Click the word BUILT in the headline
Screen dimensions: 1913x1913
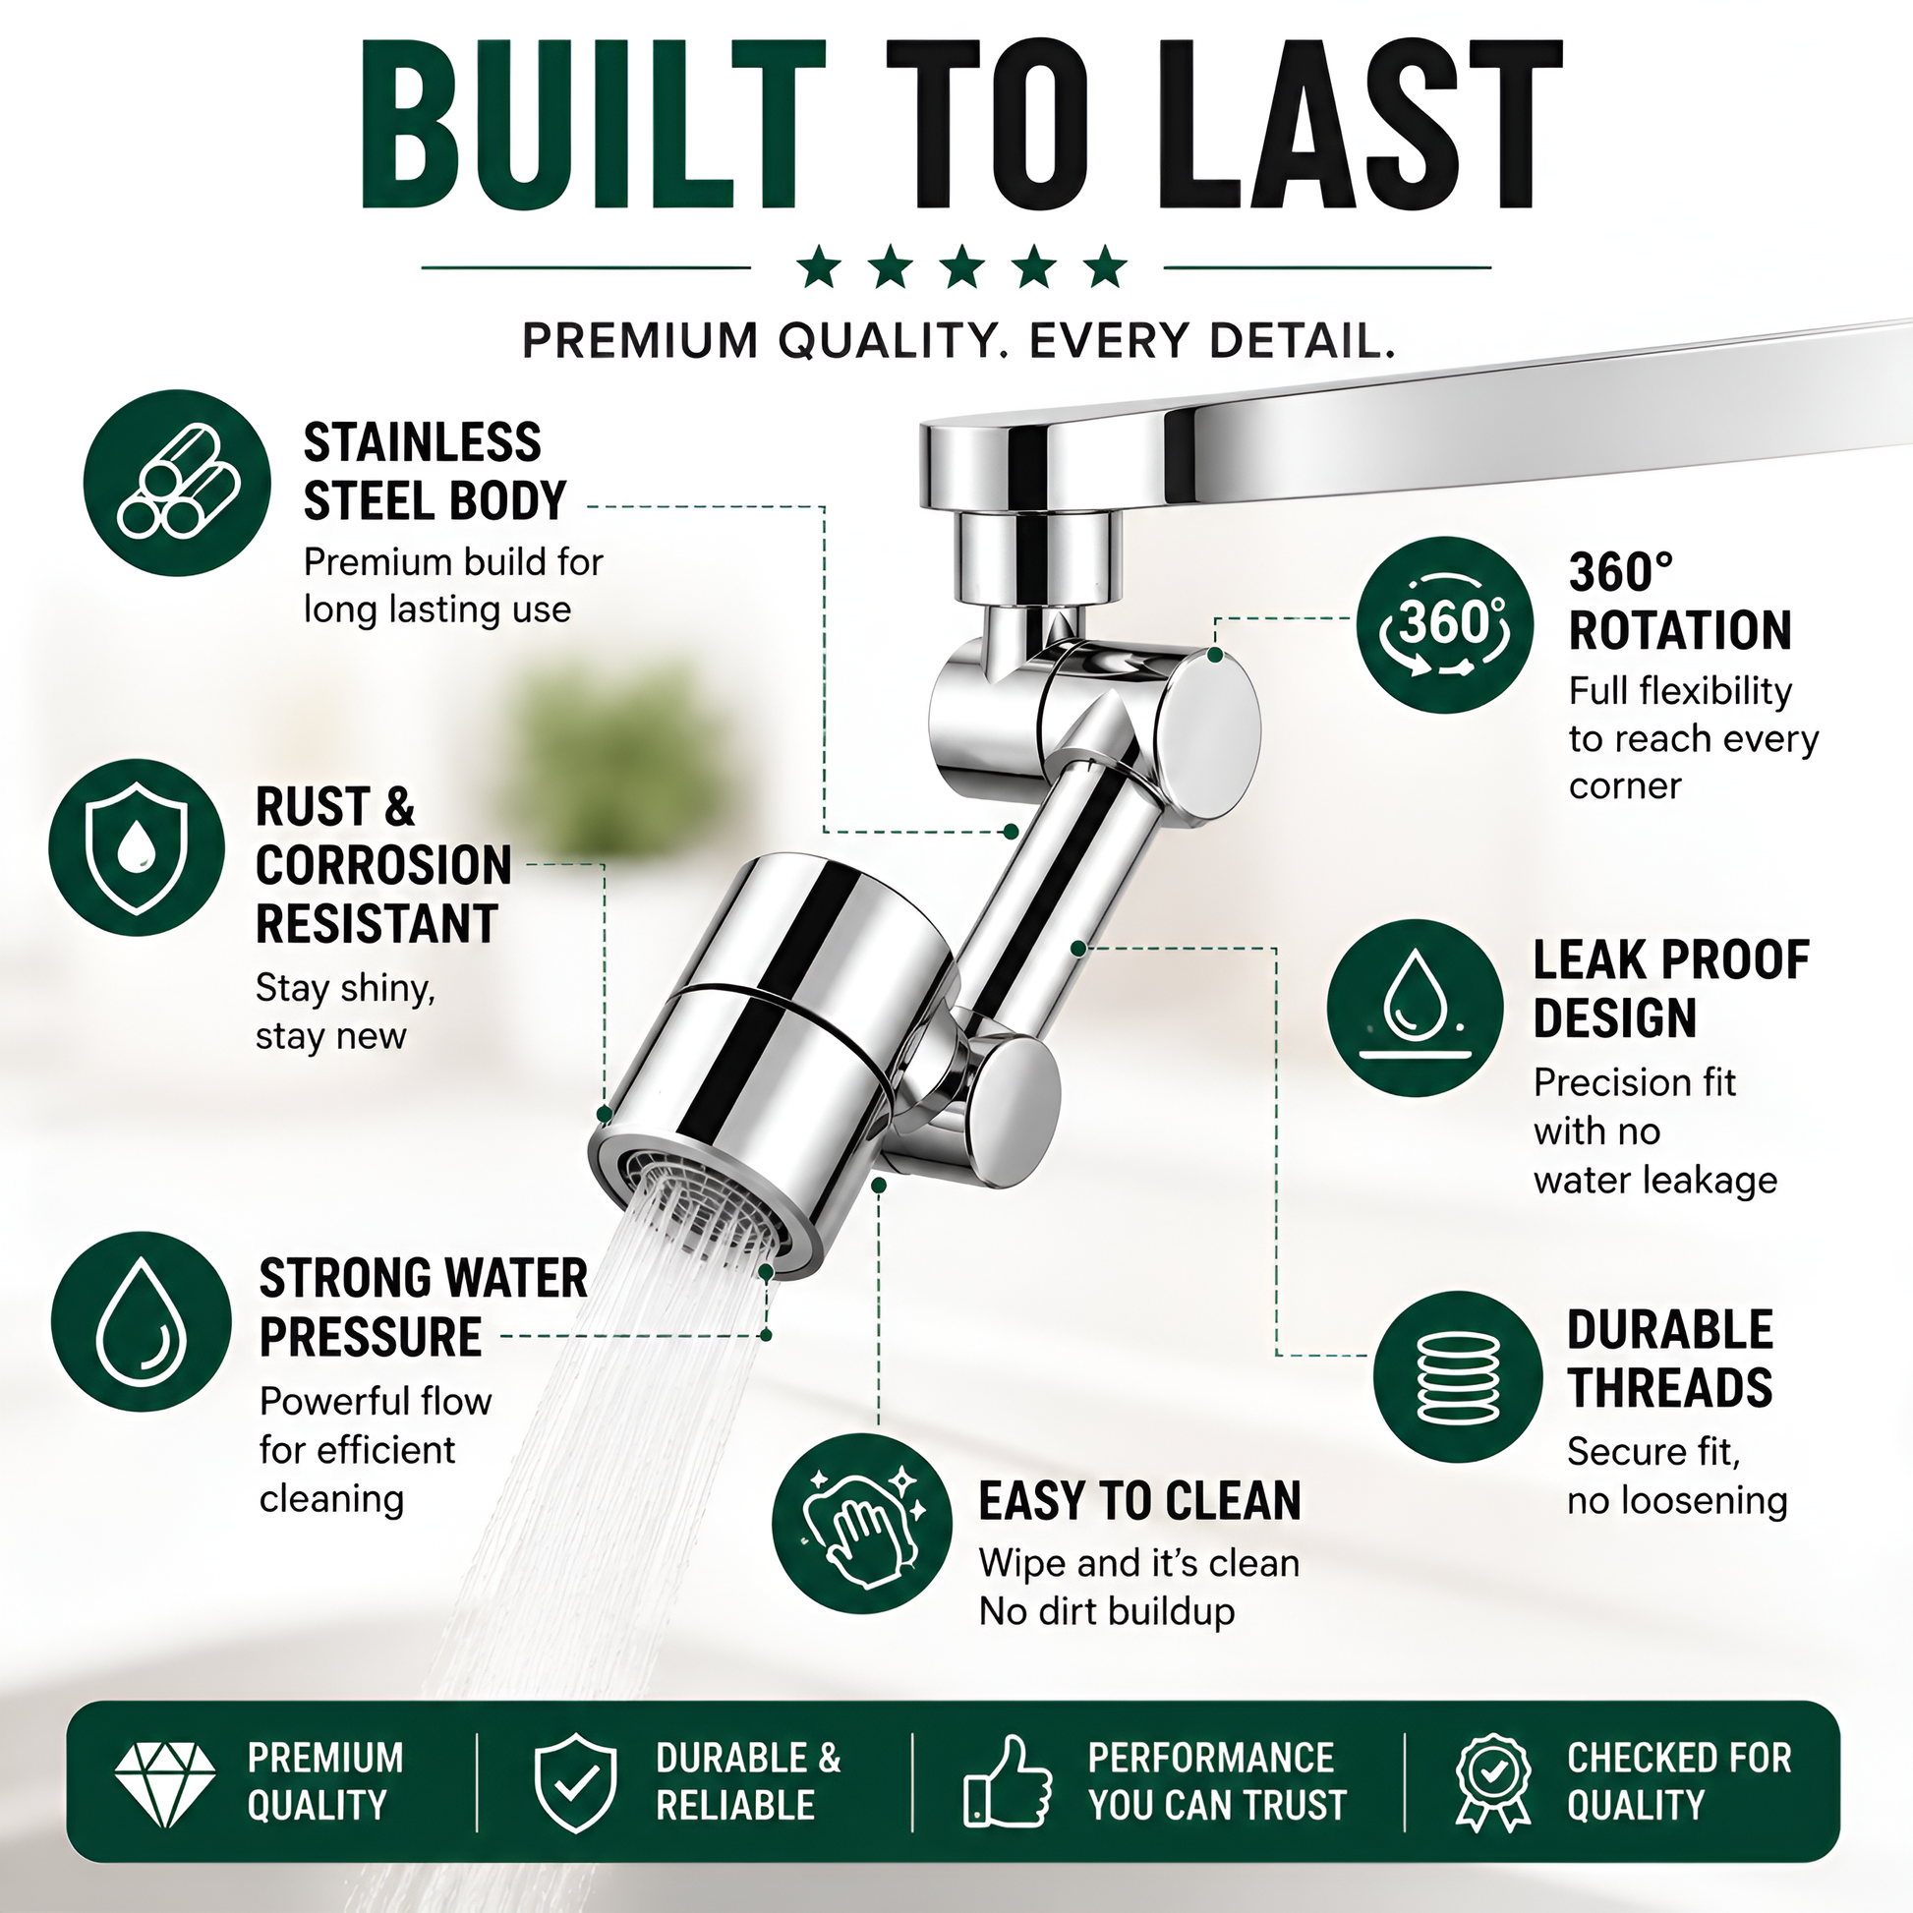point(592,125)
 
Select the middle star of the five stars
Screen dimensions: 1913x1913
point(962,267)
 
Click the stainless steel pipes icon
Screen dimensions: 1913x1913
point(177,483)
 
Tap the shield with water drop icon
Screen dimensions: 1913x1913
point(137,847)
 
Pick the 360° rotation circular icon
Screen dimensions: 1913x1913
point(1445,625)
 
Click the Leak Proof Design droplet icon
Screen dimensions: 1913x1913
point(1415,1008)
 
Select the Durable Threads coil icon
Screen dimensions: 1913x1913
point(1458,1377)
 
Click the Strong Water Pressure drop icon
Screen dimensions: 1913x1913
point(142,1321)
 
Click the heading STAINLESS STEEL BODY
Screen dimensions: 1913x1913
point(435,471)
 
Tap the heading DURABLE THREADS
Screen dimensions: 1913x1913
point(1669,1359)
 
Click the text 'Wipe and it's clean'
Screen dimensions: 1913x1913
point(1138,1563)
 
